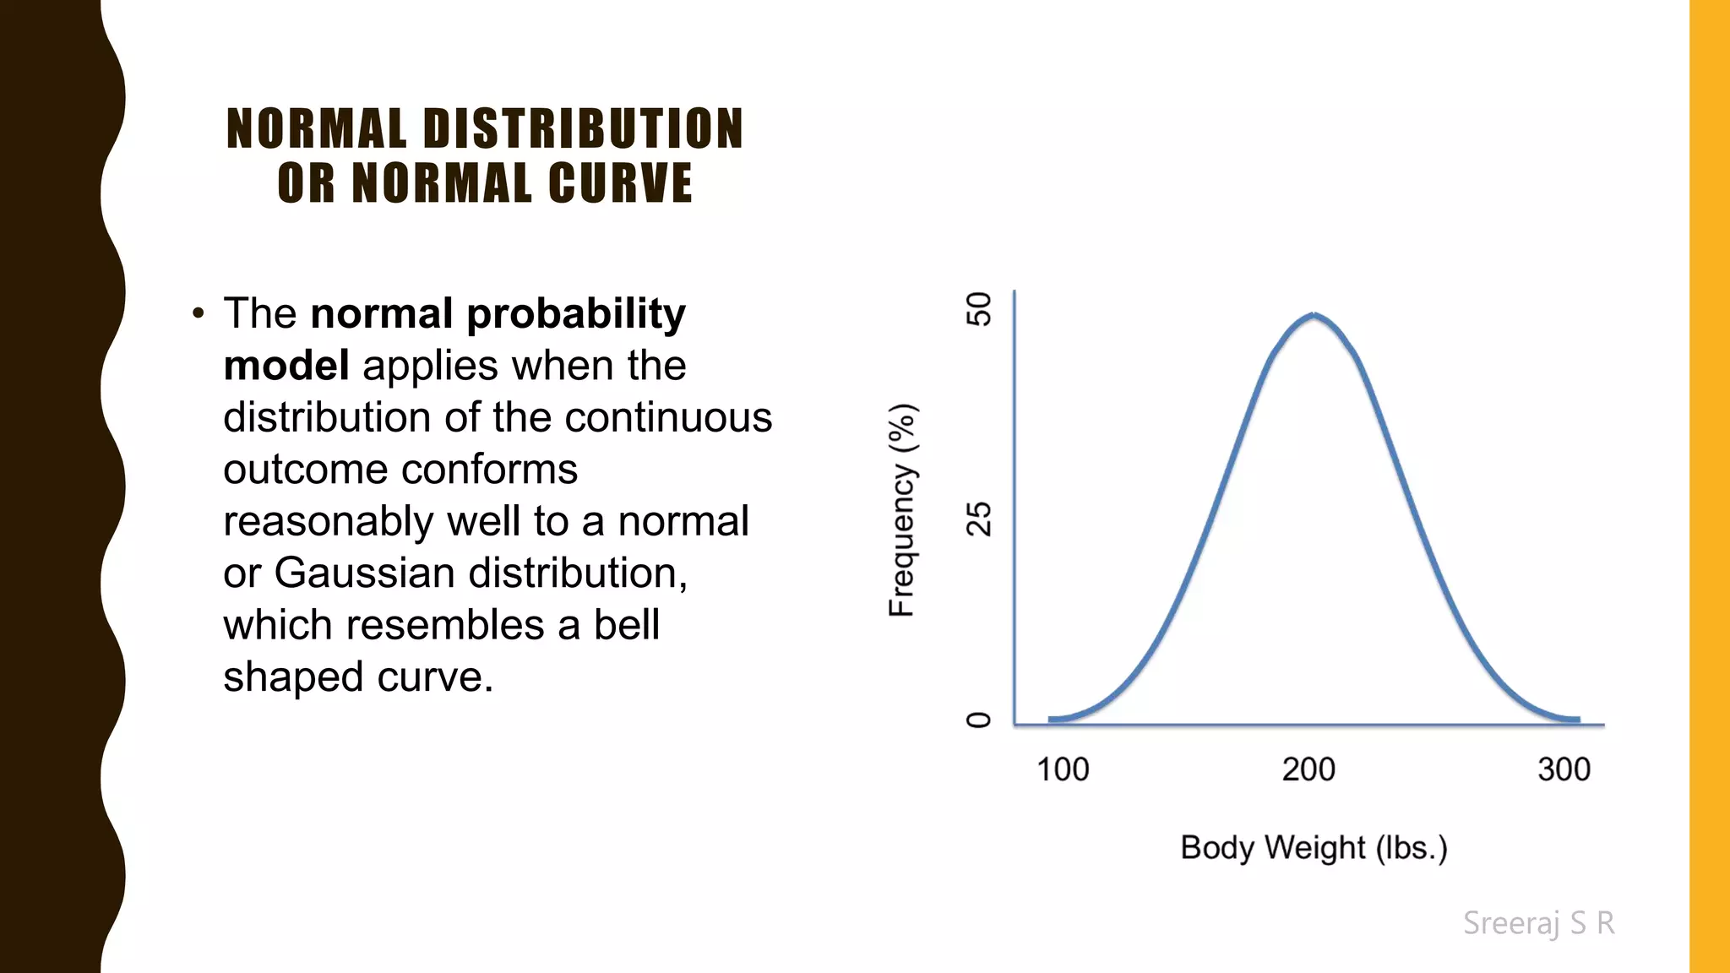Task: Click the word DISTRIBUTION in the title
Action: pos(583,129)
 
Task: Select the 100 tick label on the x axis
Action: pos(1063,769)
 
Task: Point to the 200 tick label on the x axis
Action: pos(1308,769)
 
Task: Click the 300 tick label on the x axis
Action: pos(1564,769)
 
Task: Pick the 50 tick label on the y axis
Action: pos(979,309)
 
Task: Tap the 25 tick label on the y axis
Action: pos(979,519)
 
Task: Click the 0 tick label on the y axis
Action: pos(979,720)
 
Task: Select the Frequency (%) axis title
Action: pos(902,510)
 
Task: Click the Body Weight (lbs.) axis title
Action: pos(1314,847)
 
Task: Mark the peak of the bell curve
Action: pos(1314,315)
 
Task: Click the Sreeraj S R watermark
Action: pos(1538,923)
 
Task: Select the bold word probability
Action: pos(576,315)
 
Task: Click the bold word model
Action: pos(286,366)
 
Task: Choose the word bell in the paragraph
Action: pos(626,626)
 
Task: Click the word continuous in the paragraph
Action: pos(668,418)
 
